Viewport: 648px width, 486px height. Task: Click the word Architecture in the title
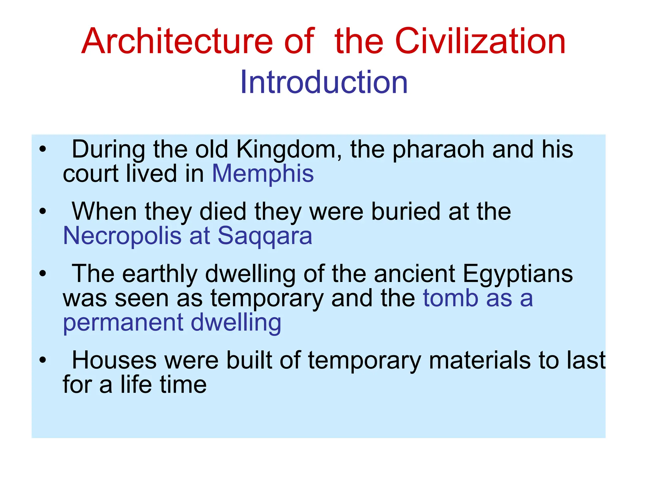177,41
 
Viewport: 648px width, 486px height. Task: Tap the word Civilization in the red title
480,41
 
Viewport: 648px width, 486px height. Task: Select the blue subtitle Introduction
324,82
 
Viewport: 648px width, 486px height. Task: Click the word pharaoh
438,150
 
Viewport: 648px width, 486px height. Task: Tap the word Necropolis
122,236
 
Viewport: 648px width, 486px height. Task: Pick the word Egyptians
518,274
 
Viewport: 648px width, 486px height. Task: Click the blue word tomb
451,298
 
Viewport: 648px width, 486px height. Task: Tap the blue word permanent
123,323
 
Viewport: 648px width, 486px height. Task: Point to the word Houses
114,360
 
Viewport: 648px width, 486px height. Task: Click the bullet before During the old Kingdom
43,149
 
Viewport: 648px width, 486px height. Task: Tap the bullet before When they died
43,211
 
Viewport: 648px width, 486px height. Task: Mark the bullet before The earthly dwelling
43,273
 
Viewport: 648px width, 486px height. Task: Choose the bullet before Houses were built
43,360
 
